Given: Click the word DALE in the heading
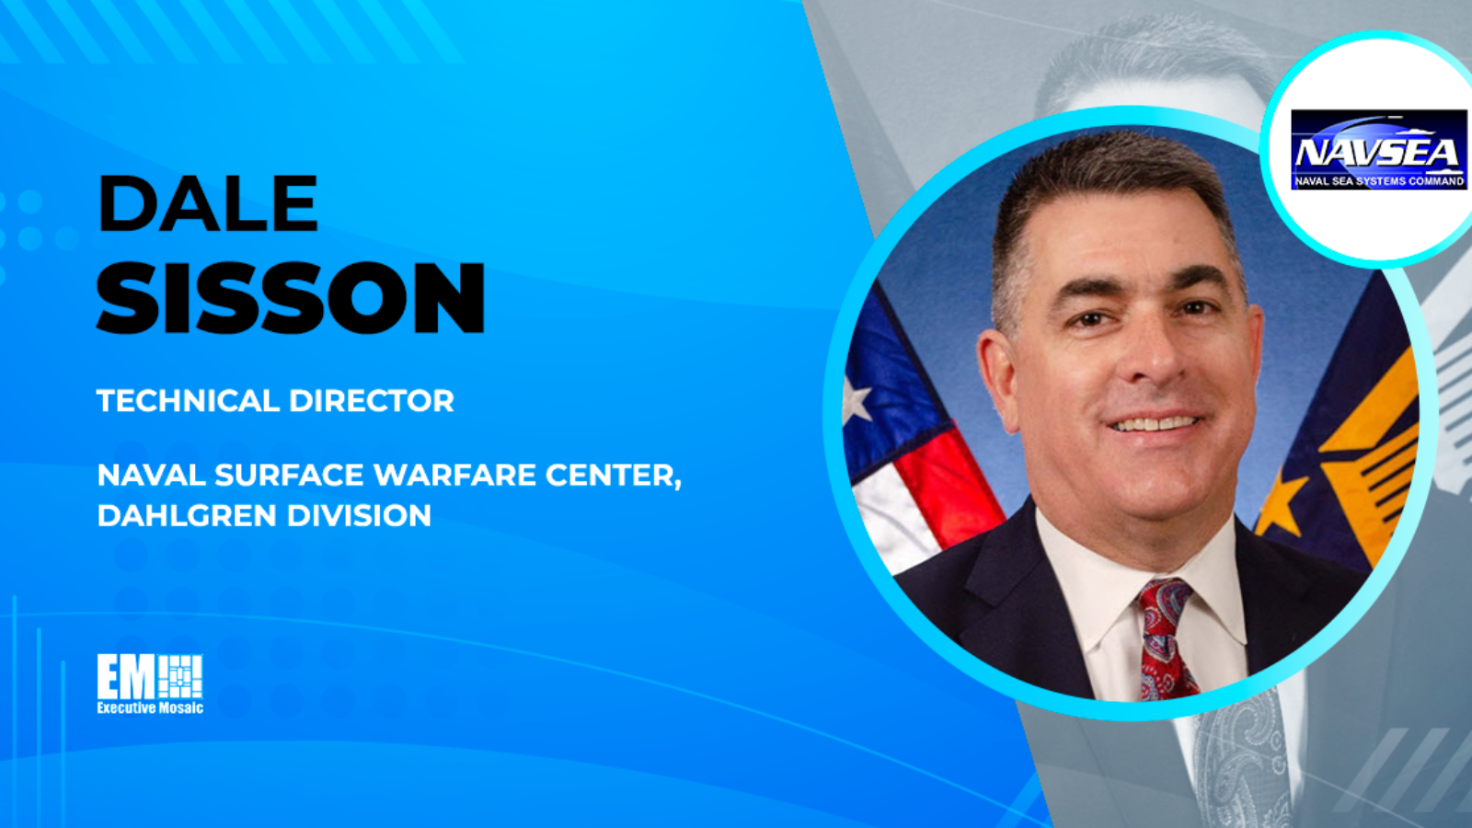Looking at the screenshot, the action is (208, 203).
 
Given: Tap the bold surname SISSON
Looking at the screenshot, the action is (291, 298).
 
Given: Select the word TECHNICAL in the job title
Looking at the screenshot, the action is (188, 400).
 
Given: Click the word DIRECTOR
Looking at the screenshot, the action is (372, 400).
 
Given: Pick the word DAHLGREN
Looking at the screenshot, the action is (187, 515).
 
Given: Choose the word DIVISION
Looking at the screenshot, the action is (360, 515).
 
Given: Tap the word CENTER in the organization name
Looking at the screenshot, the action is (613, 476).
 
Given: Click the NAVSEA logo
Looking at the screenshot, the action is (1379, 150).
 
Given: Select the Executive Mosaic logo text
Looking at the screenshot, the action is (150, 707).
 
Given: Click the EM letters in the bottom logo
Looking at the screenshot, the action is (125, 677).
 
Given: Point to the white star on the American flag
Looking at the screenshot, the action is (856, 399).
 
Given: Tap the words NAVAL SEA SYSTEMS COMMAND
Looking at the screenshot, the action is (1379, 180).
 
